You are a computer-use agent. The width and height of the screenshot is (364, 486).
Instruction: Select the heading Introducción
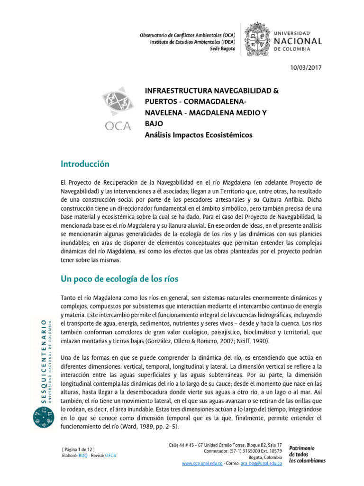point(85,164)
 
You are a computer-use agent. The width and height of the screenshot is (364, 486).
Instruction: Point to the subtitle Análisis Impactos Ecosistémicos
point(198,135)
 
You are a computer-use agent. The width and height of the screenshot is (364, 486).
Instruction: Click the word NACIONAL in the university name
point(298,41)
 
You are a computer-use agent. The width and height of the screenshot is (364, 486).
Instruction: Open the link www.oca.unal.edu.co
point(202,463)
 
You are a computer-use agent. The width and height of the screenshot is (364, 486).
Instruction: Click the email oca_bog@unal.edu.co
point(261,463)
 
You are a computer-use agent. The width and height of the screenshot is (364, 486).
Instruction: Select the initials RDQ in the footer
point(82,455)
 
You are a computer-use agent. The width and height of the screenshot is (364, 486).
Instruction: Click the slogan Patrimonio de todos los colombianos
point(307,454)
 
